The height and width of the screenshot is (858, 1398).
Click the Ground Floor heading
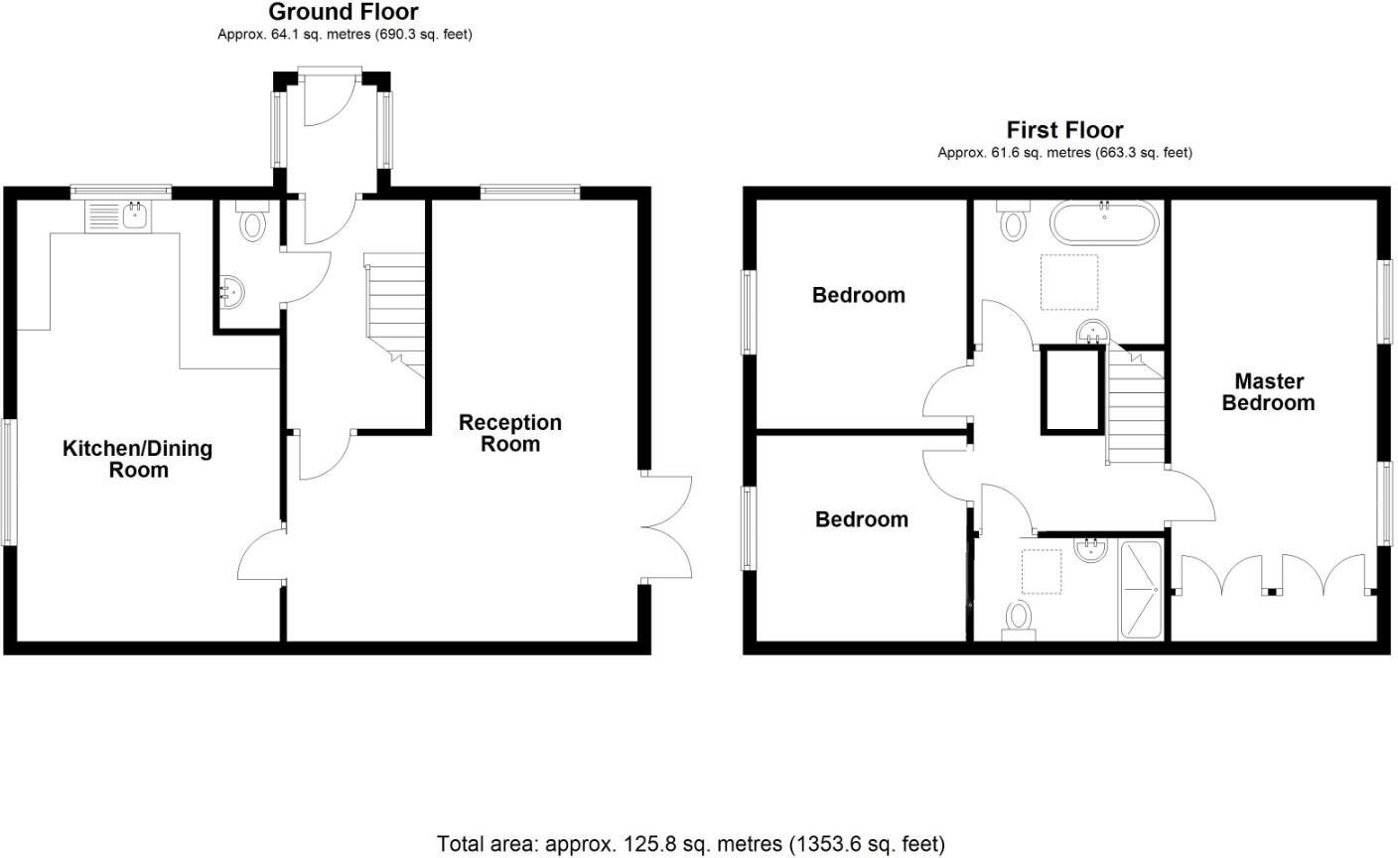point(344,13)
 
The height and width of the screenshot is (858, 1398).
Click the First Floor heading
point(1064,130)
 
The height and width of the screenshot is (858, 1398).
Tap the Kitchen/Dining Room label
point(137,459)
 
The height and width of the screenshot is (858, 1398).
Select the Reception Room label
point(510,434)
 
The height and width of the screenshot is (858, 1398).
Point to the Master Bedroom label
point(1268,392)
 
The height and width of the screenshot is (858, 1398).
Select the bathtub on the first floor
point(1103,223)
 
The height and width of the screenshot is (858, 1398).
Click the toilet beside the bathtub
point(1014,221)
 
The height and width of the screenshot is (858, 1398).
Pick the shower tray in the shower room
point(1142,588)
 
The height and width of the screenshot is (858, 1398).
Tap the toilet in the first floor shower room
point(1019,621)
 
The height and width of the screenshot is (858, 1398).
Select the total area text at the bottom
point(691,844)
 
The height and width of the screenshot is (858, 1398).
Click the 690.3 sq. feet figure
point(425,35)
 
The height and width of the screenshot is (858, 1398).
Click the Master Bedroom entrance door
point(1190,497)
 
